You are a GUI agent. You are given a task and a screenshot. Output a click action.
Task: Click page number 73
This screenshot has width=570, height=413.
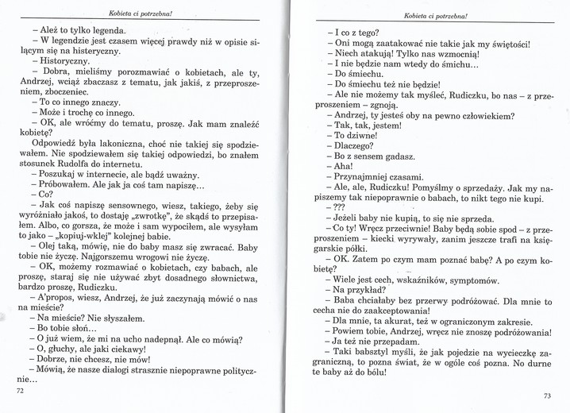(x=547, y=396)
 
